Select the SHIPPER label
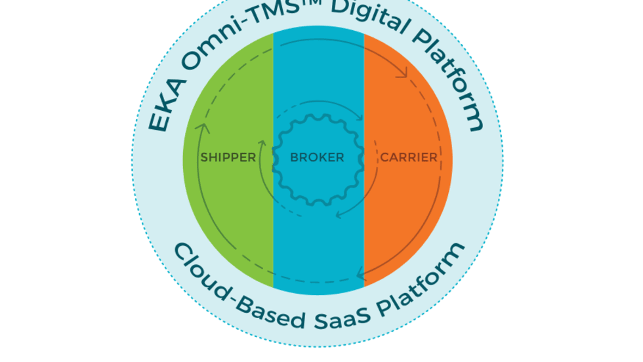(228, 157)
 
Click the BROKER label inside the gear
(317, 157)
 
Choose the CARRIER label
(409, 157)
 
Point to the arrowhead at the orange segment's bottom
(360, 275)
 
